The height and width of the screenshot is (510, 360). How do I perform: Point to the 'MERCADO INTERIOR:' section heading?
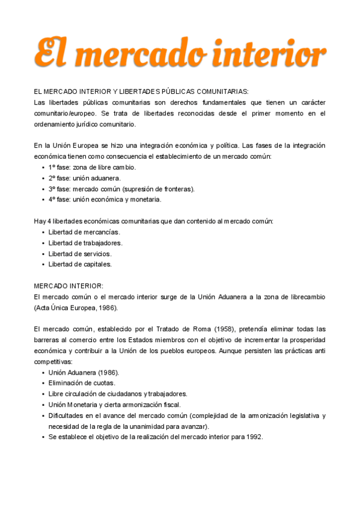pyautogui.click(x=69, y=286)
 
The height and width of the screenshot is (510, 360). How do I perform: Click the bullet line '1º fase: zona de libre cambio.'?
pyautogui.click(x=92, y=167)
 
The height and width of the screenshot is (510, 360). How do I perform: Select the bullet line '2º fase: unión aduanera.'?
pyautogui.click(x=85, y=178)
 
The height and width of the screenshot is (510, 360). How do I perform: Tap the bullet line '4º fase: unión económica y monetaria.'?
pyautogui.click(x=105, y=200)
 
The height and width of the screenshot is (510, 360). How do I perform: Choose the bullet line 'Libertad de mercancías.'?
pyautogui.click(x=84, y=232)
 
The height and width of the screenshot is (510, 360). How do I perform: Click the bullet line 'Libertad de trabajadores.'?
pyautogui.click(x=85, y=243)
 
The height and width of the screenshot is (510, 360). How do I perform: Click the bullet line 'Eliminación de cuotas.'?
pyautogui.click(x=82, y=383)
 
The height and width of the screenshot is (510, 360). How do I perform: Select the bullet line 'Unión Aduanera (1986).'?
pyautogui.click(x=84, y=372)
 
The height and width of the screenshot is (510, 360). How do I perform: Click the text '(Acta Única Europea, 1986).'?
pyautogui.click(x=76, y=307)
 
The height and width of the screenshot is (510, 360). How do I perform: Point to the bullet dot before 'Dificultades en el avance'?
pyautogui.click(x=43, y=416)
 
